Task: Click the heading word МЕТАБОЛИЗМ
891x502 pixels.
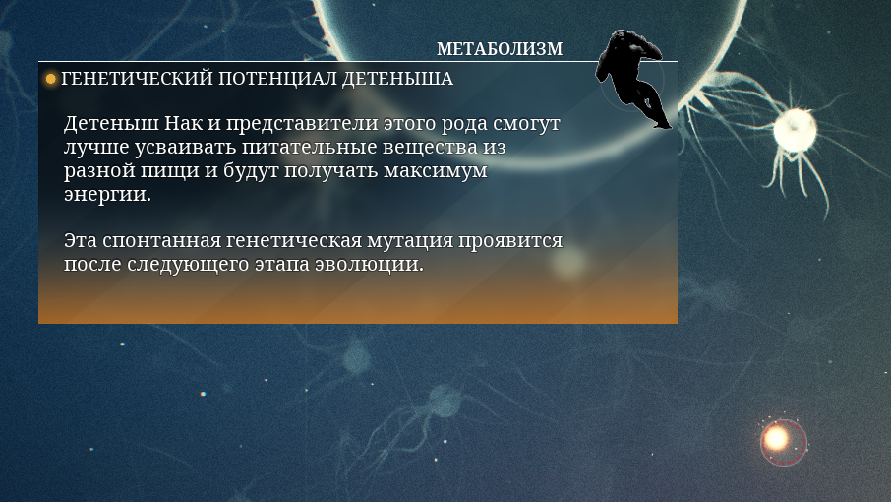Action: coord(500,49)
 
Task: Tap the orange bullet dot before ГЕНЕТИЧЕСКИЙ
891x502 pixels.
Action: coord(50,79)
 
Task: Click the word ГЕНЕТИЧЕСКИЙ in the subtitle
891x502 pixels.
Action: coord(137,79)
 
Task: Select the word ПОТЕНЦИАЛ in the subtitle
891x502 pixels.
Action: coord(277,79)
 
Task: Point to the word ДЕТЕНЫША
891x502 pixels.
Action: coord(397,79)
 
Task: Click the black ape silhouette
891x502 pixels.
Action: coord(632,78)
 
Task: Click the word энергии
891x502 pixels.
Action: coord(107,195)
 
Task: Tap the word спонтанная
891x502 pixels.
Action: coord(162,240)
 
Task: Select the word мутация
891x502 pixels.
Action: coord(410,241)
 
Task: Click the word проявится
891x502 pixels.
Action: coord(510,241)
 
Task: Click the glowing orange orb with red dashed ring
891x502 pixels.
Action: coord(777,439)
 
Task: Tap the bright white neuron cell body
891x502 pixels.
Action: coord(795,130)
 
